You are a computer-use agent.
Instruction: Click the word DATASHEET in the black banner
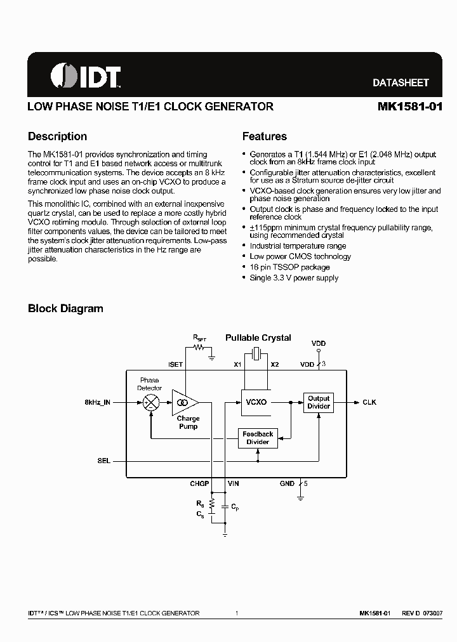point(401,82)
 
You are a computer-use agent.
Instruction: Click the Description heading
point(58,136)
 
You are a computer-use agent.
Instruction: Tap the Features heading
point(265,136)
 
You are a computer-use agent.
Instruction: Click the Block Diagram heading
point(65,309)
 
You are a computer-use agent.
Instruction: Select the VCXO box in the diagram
point(256,402)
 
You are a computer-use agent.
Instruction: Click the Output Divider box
point(319,402)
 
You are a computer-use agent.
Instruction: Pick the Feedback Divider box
point(258,438)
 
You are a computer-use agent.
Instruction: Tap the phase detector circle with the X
point(151,402)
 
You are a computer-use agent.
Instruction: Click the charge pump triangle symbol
point(185,402)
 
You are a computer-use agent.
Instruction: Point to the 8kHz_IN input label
point(97,402)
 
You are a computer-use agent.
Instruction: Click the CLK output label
point(369,402)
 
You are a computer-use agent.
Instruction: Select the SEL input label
point(104,461)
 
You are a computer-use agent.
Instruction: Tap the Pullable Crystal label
point(258,338)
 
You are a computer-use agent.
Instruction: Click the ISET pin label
point(175,365)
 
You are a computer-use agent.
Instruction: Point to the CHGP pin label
point(199,483)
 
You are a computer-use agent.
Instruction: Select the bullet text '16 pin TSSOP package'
point(290,267)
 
